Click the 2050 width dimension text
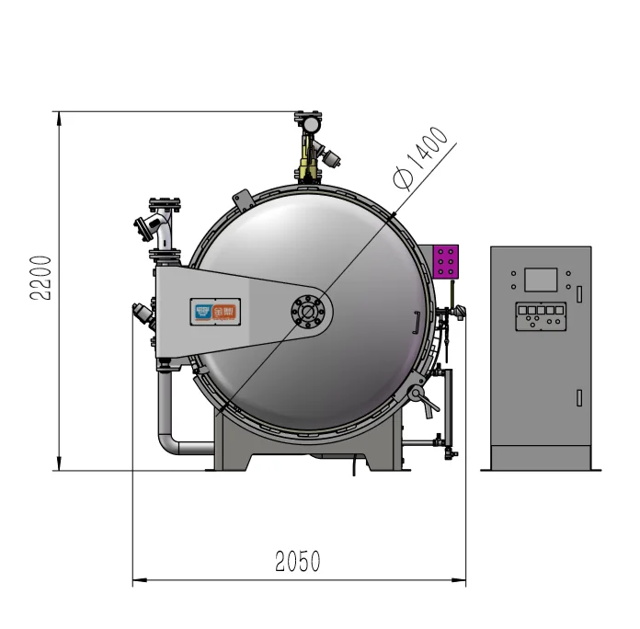tap(298, 561)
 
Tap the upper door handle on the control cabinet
tap(578, 293)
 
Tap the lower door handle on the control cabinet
tap(578, 397)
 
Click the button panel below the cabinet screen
tap(540, 315)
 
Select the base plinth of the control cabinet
tap(541, 458)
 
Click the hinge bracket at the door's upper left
tap(243, 199)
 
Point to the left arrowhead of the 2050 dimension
tap(139, 580)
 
